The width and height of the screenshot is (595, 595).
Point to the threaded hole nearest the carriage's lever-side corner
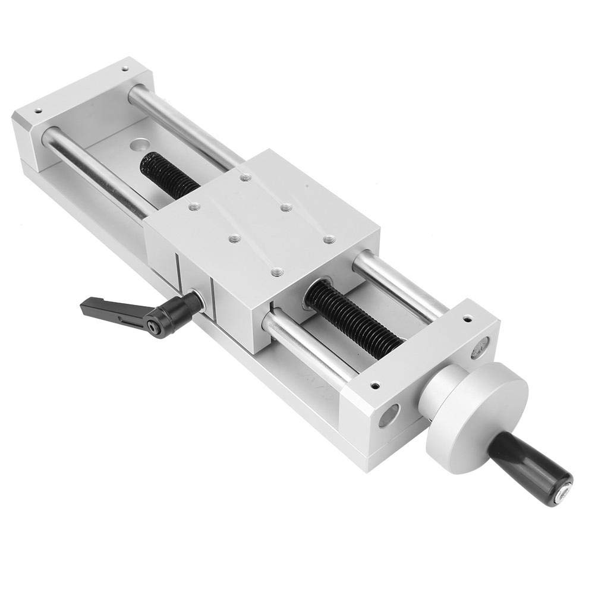pyautogui.click(x=194, y=207)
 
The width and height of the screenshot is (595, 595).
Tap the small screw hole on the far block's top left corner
pyautogui.click(x=37, y=111)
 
